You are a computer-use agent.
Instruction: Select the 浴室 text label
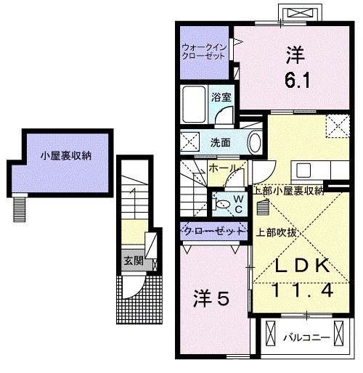coord(220,94)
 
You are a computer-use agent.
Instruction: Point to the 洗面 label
coord(220,142)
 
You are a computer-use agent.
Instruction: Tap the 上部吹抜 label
coord(274,234)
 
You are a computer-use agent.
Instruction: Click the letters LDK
coord(298,265)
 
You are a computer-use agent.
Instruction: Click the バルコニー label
coord(306,337)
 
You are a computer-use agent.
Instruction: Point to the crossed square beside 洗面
coord(191,142)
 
